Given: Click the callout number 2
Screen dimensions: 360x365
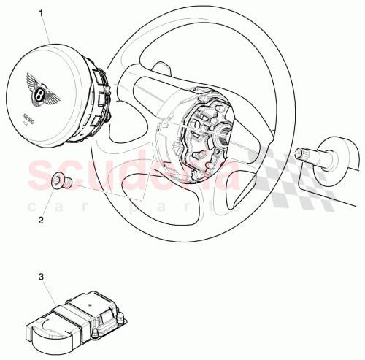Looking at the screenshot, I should [x=42, y=217].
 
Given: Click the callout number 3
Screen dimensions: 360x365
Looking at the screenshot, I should [x=42, y=277].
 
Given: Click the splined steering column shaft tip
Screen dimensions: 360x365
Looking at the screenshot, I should [x=301, y=153].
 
